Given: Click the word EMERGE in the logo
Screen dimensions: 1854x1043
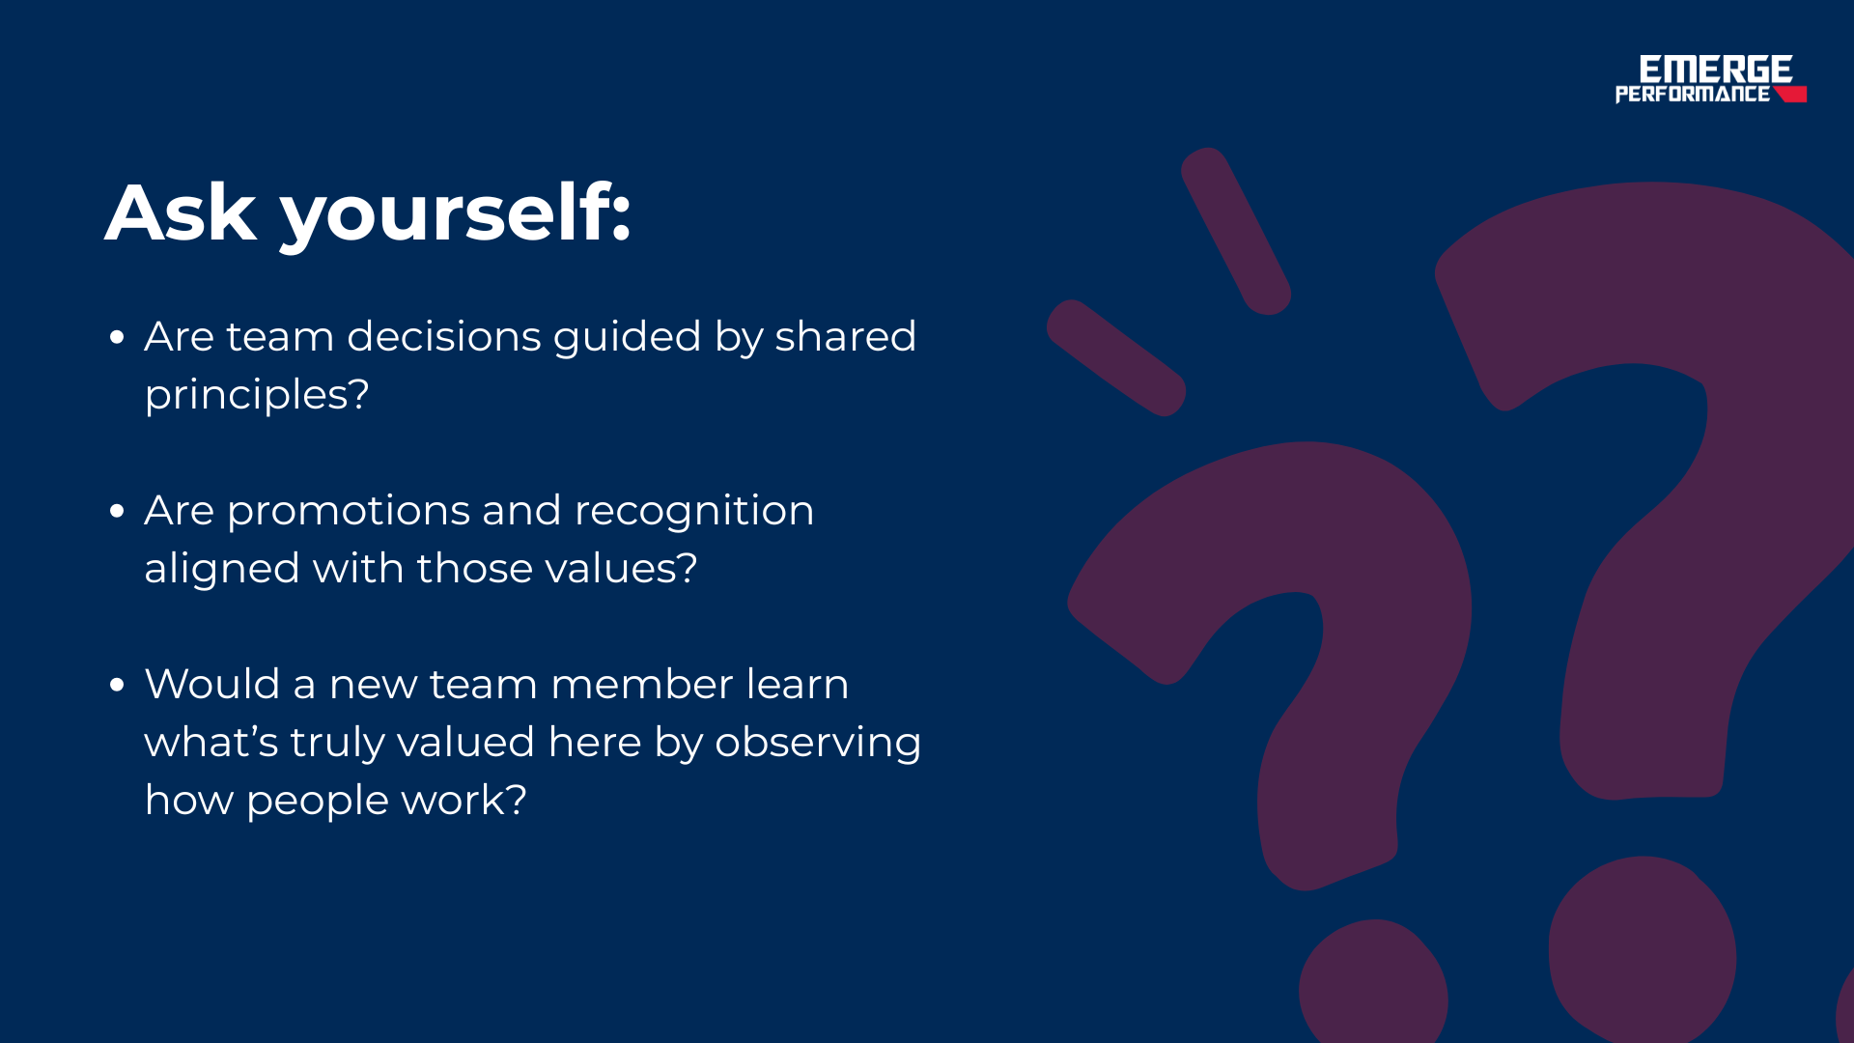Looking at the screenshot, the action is [1715, 69].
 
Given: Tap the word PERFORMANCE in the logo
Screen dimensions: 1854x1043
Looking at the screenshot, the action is [1693, 94].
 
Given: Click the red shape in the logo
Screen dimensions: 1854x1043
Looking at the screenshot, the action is [1790, 94].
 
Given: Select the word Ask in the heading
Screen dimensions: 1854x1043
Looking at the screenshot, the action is [182, 212].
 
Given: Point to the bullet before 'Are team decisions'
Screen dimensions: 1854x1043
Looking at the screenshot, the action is [118, 337].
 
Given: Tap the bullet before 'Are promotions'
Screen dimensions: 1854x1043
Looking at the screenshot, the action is [118, 511].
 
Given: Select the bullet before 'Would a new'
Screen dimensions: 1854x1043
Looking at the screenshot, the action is [118, 685].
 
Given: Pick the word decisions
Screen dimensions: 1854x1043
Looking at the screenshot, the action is [444, 336].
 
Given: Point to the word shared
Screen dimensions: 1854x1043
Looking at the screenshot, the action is [845, 336].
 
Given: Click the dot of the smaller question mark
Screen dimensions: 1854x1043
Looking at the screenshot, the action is [1373, 983].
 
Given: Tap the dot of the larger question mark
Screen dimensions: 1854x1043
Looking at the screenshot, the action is [1643, 950].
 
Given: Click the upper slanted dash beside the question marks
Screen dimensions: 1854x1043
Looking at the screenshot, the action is [1236, 231].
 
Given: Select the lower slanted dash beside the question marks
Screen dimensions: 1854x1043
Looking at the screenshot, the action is [1116, 357].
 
